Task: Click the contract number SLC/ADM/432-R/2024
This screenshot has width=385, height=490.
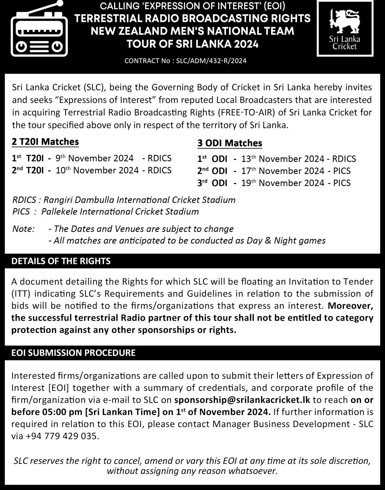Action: [211, 61]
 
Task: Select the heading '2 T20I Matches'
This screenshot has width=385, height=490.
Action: [45, 142]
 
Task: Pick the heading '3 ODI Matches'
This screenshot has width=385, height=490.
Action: [230, 143]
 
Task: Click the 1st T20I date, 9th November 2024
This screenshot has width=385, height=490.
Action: [94, 158]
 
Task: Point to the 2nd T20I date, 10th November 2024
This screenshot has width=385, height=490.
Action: [97, 170]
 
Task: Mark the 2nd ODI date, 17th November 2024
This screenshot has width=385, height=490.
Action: [283, 171]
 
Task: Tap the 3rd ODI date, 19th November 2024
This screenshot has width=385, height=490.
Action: [283, 183]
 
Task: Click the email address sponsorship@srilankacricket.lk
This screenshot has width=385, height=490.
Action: [242, 400]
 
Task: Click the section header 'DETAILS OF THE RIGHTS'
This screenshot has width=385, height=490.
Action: [61, 261]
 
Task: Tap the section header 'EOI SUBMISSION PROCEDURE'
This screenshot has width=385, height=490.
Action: [74, 353]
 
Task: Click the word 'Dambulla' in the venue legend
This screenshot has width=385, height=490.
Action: [95, 200]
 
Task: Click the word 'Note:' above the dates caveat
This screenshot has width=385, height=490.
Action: [23, 229]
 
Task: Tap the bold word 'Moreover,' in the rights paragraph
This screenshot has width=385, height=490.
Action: [350, 306]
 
